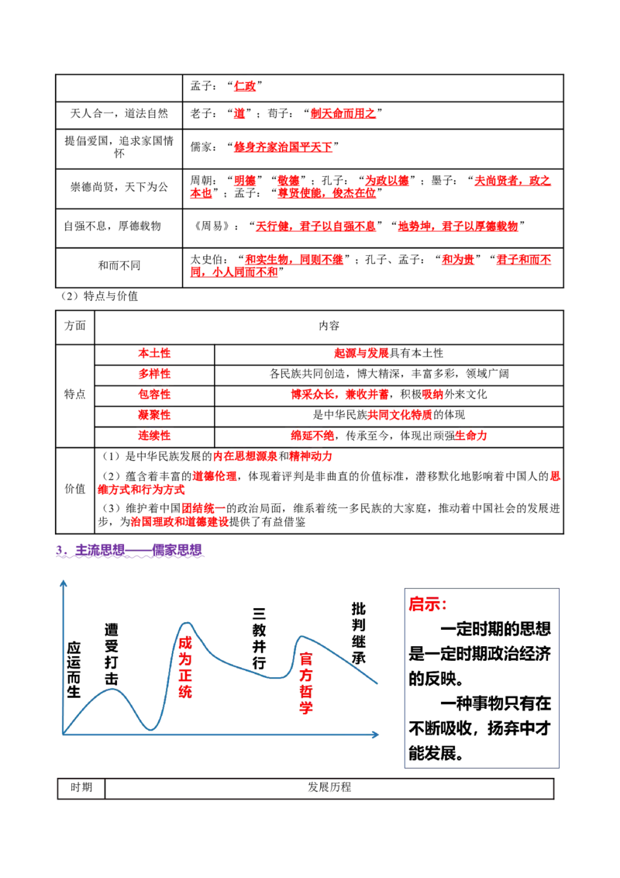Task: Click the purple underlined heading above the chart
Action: [x=130, y=551]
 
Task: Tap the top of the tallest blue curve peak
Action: [x=186, y=623]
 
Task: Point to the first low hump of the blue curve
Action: [x=113, y=689]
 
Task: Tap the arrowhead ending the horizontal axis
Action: [x=374, y=734]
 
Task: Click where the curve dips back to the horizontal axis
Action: [x=153, y=731]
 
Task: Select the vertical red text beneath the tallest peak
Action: [x=184, y=667]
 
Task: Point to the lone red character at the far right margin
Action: [x=555, y=476]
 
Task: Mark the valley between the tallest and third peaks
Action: [x=275, y=679]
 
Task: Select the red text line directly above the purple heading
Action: [x=179, y=522]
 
